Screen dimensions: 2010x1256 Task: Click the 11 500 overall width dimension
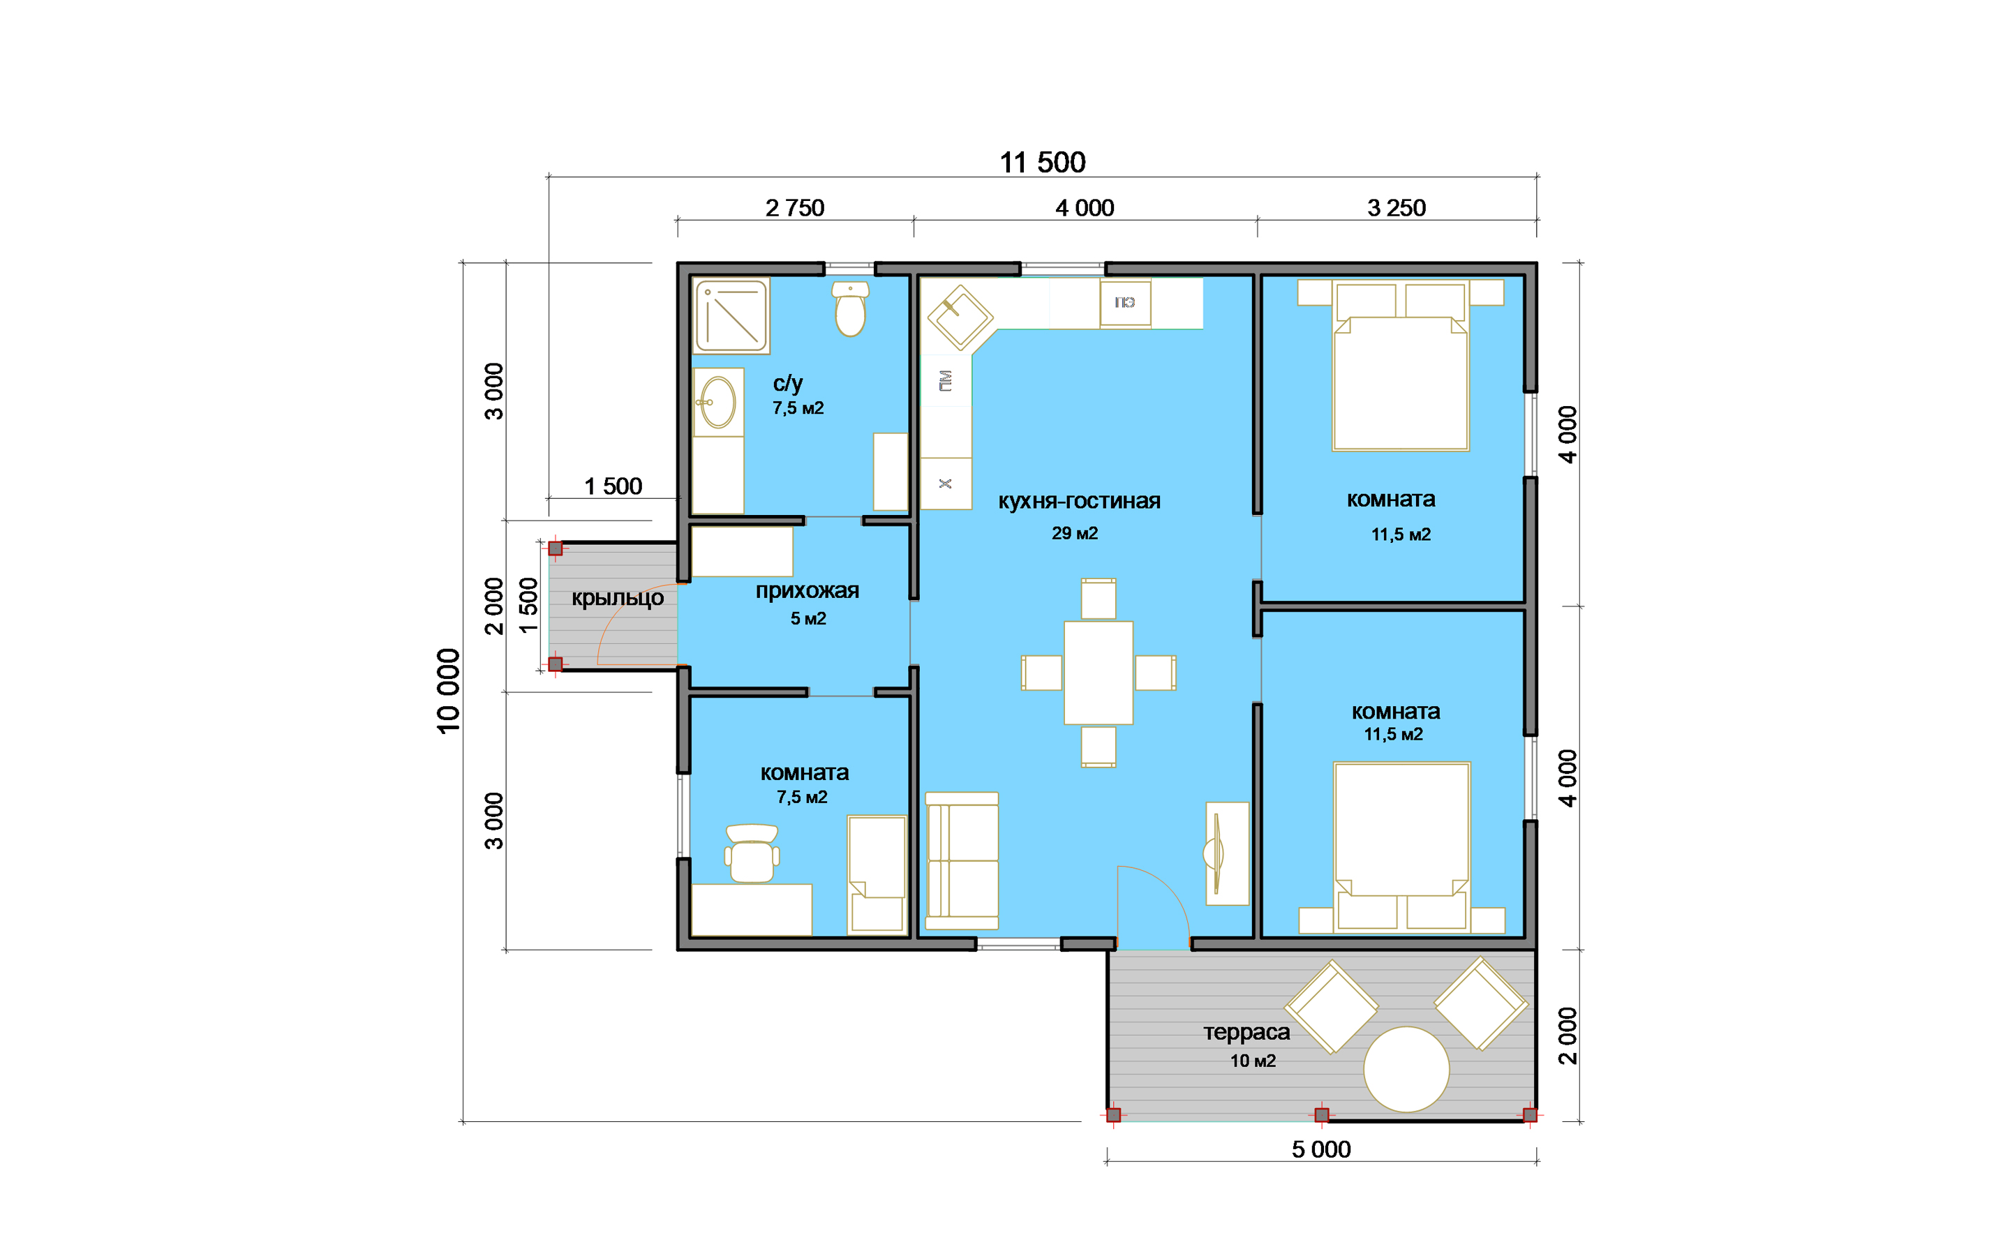click(1043, 162)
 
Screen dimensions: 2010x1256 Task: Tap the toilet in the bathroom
click(851, 308)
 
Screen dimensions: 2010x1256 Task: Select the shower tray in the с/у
click(731, 315)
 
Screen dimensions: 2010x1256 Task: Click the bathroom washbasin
click(717, 402)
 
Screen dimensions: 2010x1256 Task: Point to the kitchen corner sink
click(960, 317)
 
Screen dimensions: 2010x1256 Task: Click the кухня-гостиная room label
click(1079, 501)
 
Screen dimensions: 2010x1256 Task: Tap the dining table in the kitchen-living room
click(1098, 673)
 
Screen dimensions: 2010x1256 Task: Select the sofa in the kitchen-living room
click(962, 860)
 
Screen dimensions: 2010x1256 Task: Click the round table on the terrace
click(1406, 1069)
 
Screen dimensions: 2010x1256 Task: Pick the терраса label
click(1246, 1033)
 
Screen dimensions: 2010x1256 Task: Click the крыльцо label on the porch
click(617, 598)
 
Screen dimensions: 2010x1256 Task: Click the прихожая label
click(807, 590)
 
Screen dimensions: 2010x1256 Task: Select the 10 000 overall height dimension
click(447, 691)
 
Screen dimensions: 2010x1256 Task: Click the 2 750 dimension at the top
click(795, 208)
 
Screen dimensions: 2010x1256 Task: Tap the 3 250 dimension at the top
click(1397, 208)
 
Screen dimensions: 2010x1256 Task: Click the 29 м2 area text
click(1075, 533)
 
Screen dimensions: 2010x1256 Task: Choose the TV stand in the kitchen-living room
click(1227, 853)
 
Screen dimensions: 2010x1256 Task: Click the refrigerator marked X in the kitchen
click(945, 484)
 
